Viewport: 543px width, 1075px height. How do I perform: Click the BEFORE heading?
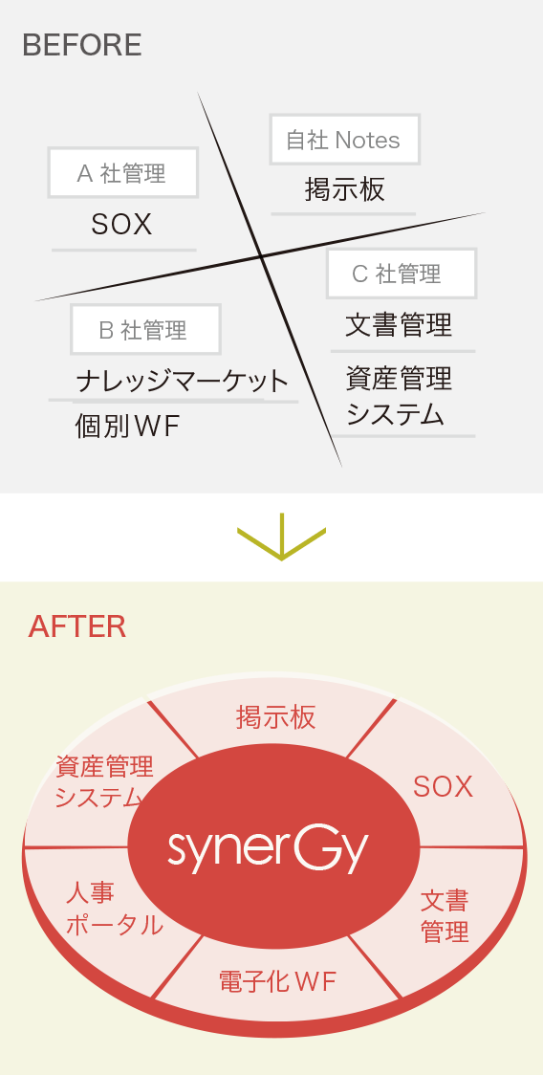pos(82,45)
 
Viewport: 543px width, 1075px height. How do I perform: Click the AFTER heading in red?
pos(76,626)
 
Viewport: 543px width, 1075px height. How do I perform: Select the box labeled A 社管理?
pos(123,173)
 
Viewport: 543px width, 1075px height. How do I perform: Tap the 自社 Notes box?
pos(344,140)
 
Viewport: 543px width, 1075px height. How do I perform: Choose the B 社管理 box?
pos(145,330)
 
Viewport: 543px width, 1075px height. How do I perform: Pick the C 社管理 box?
pos(402,274)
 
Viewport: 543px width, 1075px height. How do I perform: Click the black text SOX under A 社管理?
pos(121,224)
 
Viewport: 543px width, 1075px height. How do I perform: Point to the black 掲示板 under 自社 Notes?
pos(345,189)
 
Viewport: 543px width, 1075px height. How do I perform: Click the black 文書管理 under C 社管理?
pos(399,324)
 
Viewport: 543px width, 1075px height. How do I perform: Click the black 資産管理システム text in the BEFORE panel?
pos(399,396)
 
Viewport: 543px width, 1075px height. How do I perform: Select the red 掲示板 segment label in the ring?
pos(275,717)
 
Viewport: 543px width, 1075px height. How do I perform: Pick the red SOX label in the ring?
pos(443,787)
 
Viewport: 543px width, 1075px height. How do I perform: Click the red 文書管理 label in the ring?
pos(445,916)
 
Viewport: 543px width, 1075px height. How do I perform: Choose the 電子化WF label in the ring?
pos(277,982)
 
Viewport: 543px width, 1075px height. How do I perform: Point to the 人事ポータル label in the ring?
pos(115,910)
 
